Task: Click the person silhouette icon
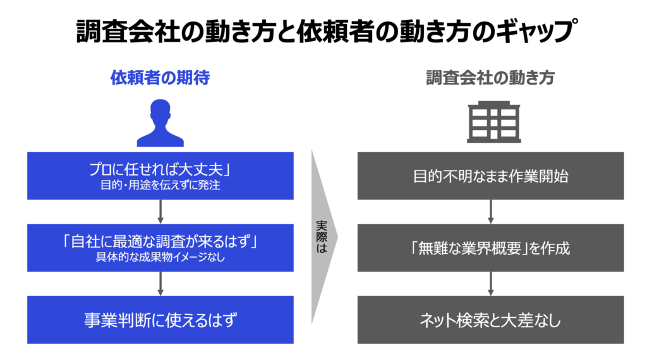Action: (x=160, y=123)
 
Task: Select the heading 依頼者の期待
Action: (x=160, y=78)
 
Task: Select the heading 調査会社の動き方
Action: (x=490, y=78)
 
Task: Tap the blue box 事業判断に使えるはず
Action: (x=160, y=320)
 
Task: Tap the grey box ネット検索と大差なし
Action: (x=490, y=320)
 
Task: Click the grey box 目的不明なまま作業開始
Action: (x=490, y=176)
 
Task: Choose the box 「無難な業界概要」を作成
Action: (x=490, y=248)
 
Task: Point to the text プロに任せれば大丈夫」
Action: (x=160, y=170)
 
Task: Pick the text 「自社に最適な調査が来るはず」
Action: (x=160, y=242)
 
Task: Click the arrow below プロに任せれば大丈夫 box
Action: (x=160, y=212)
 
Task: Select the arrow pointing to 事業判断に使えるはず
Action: (x=160, y=284)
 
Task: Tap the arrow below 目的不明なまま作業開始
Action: (x=490, y=212)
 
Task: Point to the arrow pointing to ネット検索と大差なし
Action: (x=490, y=284)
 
